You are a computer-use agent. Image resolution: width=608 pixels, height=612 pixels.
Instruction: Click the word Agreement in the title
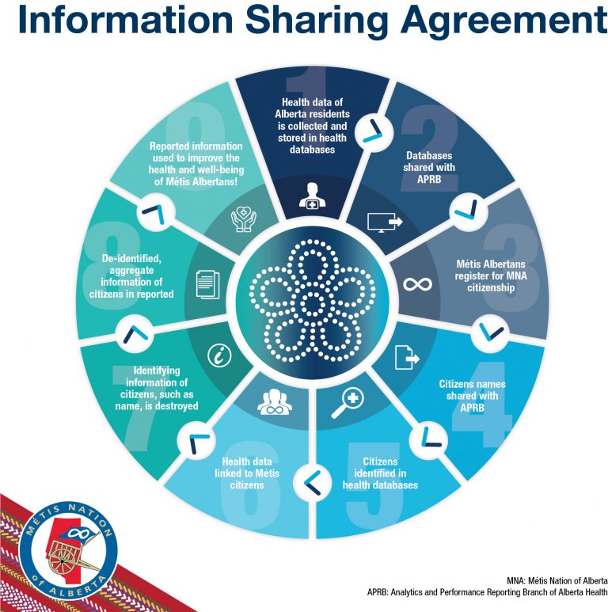coord(503,21)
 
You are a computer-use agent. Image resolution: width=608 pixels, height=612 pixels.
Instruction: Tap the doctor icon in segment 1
coord(312,196)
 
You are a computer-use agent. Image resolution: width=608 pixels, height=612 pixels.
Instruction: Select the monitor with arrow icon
coord(385,222)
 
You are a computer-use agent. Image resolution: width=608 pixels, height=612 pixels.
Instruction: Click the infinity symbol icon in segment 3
coord(417,284)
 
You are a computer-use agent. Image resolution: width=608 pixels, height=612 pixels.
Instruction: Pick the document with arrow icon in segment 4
coord(407,357)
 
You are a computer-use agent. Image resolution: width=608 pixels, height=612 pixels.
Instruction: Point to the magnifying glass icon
coord(348,404)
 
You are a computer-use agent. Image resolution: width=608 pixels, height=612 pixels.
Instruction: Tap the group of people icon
coord(275,401)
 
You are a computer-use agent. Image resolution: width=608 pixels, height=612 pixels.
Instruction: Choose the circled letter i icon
coord(219,355)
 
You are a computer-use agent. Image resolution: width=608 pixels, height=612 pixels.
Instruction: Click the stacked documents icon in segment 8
coord(207,284)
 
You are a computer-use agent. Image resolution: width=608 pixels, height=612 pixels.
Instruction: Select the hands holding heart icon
coord(244,219)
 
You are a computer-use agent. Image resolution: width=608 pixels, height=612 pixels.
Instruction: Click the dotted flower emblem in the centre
coord(312,301)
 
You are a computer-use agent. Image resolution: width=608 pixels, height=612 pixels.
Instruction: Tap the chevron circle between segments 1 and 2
coord(372,131)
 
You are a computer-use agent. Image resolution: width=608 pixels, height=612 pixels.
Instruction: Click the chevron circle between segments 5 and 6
coord(312,483)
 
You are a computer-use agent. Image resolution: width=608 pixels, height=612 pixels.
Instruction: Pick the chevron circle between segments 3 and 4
coord(490,332)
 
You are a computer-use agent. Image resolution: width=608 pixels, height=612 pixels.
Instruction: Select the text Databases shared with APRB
coord(429,167)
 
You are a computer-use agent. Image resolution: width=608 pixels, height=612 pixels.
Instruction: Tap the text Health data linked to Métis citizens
coord(247,473)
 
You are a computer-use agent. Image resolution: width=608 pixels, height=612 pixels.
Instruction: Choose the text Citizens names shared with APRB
coord(472,396)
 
